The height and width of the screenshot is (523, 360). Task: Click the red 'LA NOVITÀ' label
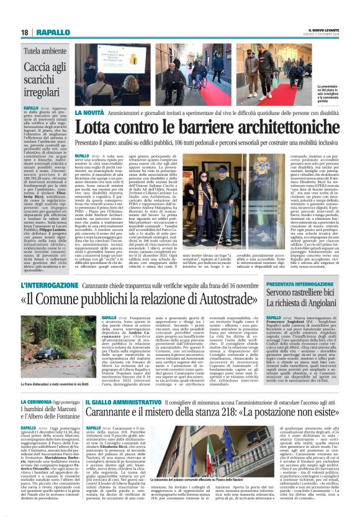click(91, 112)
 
